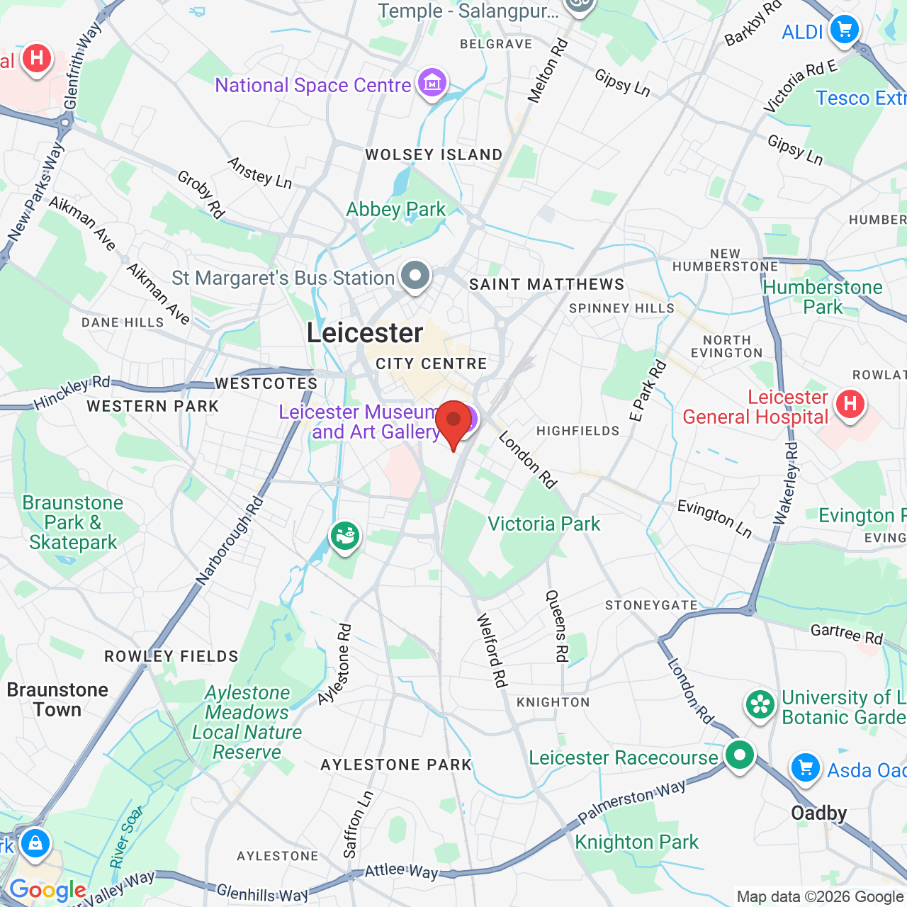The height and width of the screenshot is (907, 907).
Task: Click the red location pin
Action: click(453, 421)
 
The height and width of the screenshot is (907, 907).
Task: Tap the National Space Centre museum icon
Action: click(432, 84)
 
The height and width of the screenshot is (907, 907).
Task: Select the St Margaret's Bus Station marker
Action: click(415, 276)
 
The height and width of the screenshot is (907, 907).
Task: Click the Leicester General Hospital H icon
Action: click(850, 405)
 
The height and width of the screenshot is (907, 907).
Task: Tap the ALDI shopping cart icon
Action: click(844, 30)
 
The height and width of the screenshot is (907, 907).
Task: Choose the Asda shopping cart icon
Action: click(805, 767)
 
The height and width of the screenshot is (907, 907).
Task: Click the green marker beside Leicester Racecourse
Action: click(739, 755)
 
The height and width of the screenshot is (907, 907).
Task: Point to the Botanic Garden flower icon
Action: click(760, 705)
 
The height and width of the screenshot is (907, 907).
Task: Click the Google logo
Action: click(47, 890)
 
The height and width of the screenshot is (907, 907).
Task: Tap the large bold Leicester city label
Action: click(365, 333)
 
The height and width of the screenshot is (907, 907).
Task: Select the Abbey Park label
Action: click(395, 210)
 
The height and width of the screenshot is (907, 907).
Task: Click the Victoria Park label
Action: click(543, 524)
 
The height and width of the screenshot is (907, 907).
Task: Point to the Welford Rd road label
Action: click(492, 650)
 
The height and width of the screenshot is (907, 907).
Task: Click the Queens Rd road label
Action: click(556, 626)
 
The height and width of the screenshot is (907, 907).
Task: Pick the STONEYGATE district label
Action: click(651, 605)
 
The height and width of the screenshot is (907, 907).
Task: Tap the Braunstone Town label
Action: click(57, 699)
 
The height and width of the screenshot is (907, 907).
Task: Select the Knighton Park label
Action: click(636, 842)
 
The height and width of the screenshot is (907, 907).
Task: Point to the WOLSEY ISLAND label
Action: click(434, 154)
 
